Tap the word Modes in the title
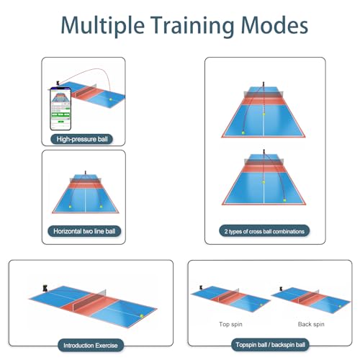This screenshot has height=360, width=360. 274,25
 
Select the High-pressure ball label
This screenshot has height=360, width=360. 82,139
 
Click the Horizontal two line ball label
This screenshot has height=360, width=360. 84,231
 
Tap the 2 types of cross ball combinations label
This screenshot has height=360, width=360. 264,231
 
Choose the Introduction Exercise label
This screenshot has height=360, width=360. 91,346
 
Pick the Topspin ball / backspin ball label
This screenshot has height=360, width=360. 270,345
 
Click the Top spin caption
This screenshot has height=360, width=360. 230,324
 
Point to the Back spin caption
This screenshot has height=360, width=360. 311,324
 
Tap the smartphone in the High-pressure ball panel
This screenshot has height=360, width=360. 60,109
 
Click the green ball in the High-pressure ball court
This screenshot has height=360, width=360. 111,99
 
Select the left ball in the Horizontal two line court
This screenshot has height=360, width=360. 71,206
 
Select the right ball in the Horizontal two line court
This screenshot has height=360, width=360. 101,207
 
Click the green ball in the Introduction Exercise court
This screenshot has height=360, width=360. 142,316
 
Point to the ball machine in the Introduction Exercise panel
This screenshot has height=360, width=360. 45,288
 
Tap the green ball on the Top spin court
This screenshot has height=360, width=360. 261,305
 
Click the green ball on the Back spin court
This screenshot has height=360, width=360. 340,307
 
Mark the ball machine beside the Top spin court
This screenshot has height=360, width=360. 201,287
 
